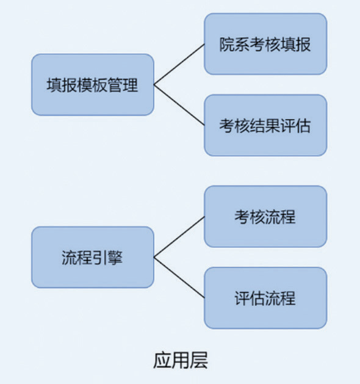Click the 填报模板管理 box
93,85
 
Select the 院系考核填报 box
265,44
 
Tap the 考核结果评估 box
265,125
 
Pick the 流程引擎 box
93,257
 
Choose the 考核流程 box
265,217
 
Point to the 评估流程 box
265,298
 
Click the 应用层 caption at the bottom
181,360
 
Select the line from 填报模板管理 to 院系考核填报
179,65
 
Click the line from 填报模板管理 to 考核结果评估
179,105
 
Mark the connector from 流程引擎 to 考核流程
179,237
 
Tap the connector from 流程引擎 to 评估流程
179,278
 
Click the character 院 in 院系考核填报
227,45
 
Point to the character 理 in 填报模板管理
131,85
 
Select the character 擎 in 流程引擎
115,258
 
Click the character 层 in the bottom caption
199,360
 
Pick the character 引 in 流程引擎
100,258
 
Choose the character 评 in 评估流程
242,299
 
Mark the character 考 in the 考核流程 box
242,217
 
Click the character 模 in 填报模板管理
85,85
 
